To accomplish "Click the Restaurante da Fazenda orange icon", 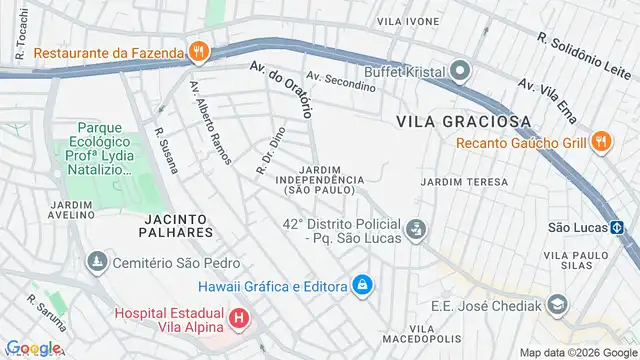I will point(199,51).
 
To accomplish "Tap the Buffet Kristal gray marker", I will point(459,71).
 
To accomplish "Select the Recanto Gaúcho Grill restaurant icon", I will point(600,142).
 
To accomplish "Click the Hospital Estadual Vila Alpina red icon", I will point(239,320).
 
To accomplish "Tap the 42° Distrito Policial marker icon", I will point(416,231).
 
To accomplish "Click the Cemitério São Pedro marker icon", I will point(96,262).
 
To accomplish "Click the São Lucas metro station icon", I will point(619,227).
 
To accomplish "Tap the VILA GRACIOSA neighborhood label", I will point(463,120).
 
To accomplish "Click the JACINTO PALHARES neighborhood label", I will point(178,224).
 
